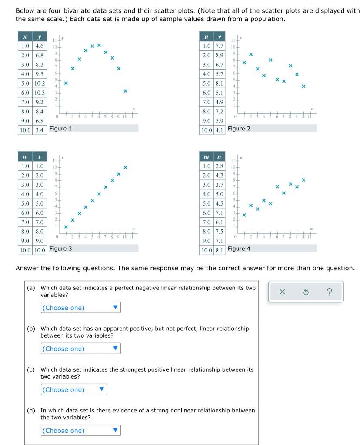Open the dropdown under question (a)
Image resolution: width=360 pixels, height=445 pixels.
(81, 308)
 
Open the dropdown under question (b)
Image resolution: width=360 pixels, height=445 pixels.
(81, 349)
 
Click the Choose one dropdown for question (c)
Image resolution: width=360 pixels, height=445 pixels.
(74, 389)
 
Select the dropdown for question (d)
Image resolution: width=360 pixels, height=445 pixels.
(81, 430)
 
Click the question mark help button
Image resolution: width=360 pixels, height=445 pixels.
(329, 292)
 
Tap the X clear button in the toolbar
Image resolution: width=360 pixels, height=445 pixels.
(282, 292)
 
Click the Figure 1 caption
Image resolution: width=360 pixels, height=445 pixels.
(61, 129)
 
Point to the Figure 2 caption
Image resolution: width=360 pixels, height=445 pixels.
(239, 129)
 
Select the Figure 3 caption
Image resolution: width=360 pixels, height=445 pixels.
(61, 249)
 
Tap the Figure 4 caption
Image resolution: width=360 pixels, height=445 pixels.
(239, 249)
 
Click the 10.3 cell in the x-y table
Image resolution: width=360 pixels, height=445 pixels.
(40, 93)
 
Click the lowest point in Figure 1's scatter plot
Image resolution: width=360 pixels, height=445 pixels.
(125, 91)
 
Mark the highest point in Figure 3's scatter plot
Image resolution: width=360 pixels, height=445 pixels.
(125, 167)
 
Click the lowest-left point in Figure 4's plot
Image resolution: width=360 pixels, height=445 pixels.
(244, 215)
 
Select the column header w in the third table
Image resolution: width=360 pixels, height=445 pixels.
(25, 156)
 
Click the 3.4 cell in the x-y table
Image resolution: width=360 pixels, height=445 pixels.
(40, 130)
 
